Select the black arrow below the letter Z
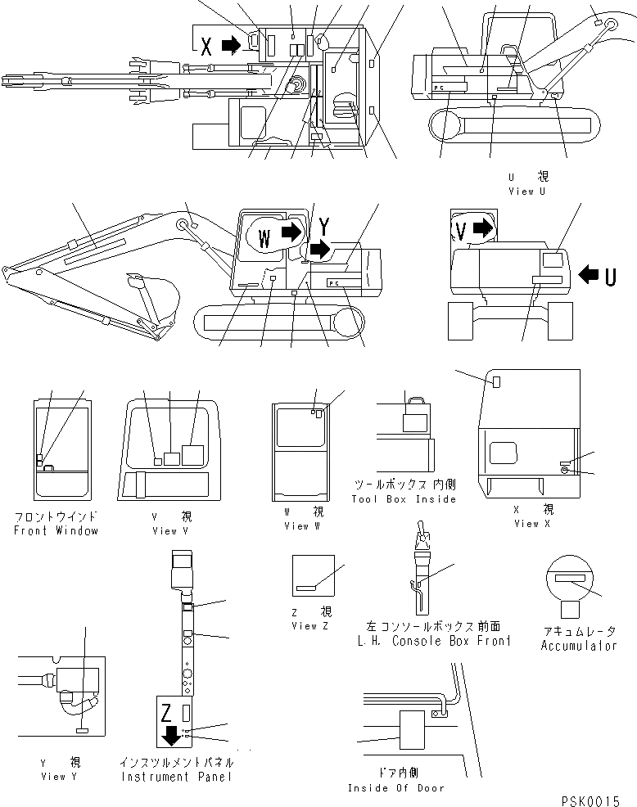(171, 735)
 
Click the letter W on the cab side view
(264, 237)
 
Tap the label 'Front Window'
(56, 530)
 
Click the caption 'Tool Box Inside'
(404, 499)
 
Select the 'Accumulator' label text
(579, 646)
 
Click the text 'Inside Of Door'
(396, 787)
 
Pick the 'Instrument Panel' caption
(175, 776)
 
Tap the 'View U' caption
(526, 192)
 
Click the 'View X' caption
(526, 524)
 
